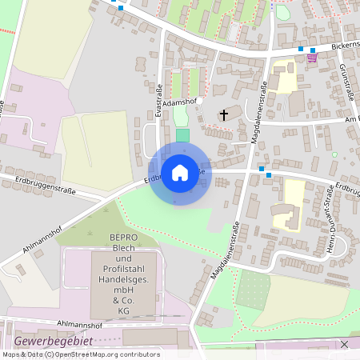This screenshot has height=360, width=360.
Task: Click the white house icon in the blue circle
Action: pos(180,172)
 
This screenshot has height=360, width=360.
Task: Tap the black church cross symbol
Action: pos(224,116)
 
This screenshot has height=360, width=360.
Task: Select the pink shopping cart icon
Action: pos(311,57)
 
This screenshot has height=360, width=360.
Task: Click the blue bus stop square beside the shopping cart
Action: pos(301,50)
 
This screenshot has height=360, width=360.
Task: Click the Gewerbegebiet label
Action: pos(54,341)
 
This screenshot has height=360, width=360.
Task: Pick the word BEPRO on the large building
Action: pos(124,238)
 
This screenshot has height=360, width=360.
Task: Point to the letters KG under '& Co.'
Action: pos(124,310)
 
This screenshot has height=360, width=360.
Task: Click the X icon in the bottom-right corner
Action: pos(344,344)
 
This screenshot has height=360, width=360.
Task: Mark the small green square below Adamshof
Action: pos(183,135)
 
